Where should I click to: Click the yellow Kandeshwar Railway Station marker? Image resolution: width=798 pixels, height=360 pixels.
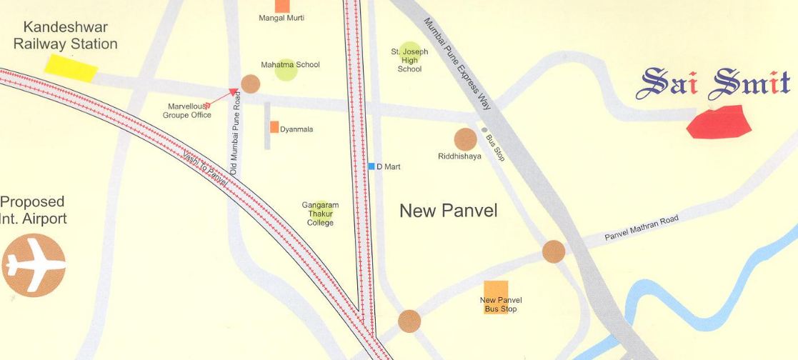click(71, 67)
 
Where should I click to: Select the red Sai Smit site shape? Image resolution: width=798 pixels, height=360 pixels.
click(719, 121)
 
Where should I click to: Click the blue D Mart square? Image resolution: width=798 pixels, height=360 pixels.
click(371, 166)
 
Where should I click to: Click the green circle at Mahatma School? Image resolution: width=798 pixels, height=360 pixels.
click(286, 70)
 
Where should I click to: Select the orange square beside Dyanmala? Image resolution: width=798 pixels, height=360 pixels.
click(274, 127)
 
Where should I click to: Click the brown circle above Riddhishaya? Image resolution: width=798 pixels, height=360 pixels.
click(465, 139)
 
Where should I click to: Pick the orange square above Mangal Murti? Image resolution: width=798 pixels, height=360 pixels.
click(282, 5)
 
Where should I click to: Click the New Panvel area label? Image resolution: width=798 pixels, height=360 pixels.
click(448, 211)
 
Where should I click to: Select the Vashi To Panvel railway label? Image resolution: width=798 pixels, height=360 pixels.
click(205, 169)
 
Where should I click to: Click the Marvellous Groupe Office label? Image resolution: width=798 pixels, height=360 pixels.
click(186, 110)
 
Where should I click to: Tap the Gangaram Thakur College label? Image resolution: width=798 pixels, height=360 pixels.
click(320, 214)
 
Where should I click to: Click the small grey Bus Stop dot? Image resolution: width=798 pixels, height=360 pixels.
click(484, 130)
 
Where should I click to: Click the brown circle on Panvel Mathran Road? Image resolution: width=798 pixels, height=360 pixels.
click(554, 251)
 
